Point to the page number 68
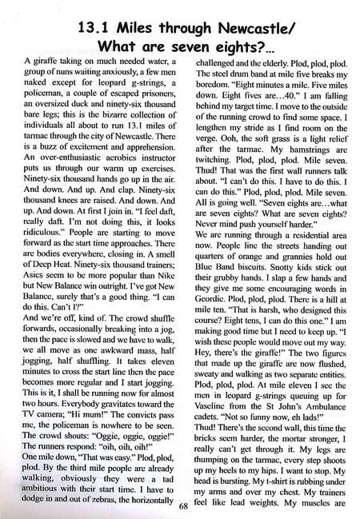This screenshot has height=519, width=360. coord(182,505)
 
